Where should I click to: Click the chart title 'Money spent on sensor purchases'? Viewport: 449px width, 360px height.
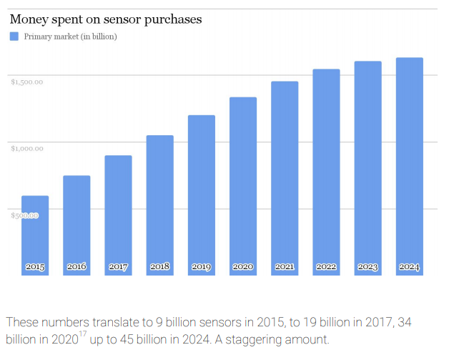coord(106,19)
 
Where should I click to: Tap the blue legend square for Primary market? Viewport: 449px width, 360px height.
coord(14,37)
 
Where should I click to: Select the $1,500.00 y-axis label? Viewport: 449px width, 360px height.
coord(27,82)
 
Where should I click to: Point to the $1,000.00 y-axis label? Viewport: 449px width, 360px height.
coord(27,148)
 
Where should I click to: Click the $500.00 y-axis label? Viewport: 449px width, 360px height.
coord(24,215)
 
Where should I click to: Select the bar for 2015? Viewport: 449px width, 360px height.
coord(35,235)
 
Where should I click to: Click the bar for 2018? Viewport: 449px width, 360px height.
coord(159,205)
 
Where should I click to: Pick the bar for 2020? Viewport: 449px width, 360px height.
coord(243,186)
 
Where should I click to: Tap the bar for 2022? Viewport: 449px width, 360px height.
coord(326,172)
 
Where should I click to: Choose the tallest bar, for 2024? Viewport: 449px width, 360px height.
coord(410,167)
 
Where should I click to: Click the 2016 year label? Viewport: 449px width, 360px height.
coord(77,266)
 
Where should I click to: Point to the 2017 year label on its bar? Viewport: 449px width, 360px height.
coord(118,267)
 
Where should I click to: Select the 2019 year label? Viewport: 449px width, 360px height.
coord(202,267)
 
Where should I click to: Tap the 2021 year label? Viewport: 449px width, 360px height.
coord(285,266)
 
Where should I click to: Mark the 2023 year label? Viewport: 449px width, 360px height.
coord(367,267)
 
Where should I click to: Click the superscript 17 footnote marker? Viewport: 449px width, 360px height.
coord(82,334)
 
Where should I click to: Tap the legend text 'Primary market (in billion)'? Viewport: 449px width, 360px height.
coord(71,37)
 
